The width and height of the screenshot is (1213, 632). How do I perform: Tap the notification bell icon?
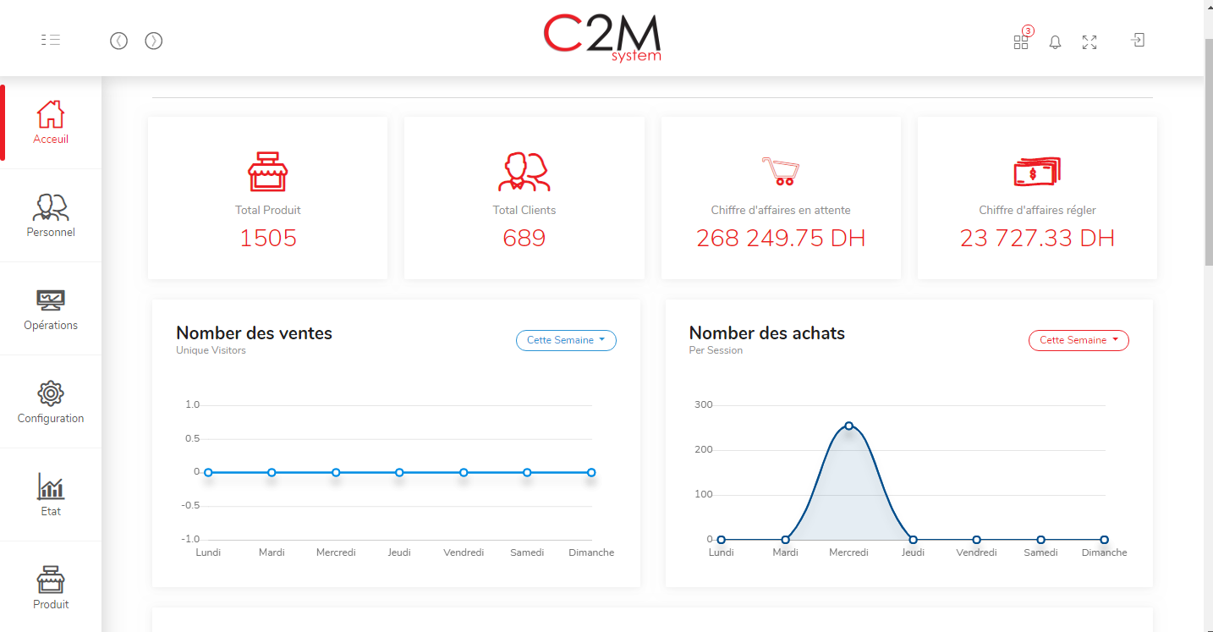pos(1055,42)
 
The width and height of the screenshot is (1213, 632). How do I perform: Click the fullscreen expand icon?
pos(1090,42)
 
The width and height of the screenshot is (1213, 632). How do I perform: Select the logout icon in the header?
pos(1138,40)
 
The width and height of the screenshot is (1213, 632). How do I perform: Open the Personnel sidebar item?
pos(51,215)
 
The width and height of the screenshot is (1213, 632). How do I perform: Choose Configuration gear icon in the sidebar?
pos(51,393)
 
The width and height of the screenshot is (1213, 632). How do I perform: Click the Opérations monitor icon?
pos(51,300)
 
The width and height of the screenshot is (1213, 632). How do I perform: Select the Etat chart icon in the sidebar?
pos(51,486)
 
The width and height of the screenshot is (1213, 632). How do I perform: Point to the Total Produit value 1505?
pos(268,239)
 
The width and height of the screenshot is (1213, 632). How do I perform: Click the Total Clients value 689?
pos(524,239)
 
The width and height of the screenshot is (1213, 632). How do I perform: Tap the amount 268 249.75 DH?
pos(781,239)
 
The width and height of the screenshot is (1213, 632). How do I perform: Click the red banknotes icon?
pos(1037,173)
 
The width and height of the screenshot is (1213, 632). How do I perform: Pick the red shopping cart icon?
pos(780,171)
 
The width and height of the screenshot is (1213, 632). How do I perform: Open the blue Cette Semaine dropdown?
pos(566,340)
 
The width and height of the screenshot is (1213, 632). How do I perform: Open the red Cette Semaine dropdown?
pos(1079,340)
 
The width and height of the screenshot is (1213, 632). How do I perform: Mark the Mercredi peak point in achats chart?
pos(848,426)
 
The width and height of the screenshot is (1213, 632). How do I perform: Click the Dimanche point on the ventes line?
pos(591,472)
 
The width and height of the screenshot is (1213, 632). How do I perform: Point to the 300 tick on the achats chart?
pos(703,405)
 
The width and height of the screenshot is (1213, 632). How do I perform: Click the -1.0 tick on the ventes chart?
pos(191,540)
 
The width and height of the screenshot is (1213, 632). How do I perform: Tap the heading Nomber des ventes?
pos(254,333)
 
